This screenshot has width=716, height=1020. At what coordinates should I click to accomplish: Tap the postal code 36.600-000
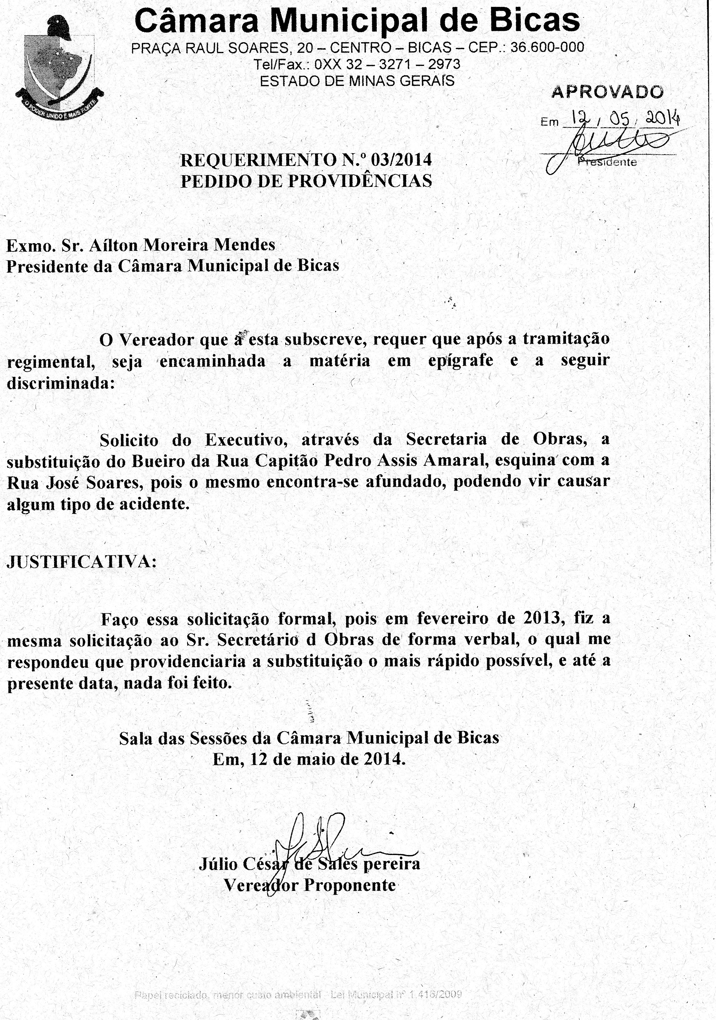[547, 47]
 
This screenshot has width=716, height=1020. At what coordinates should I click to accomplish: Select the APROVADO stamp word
[607, 92]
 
